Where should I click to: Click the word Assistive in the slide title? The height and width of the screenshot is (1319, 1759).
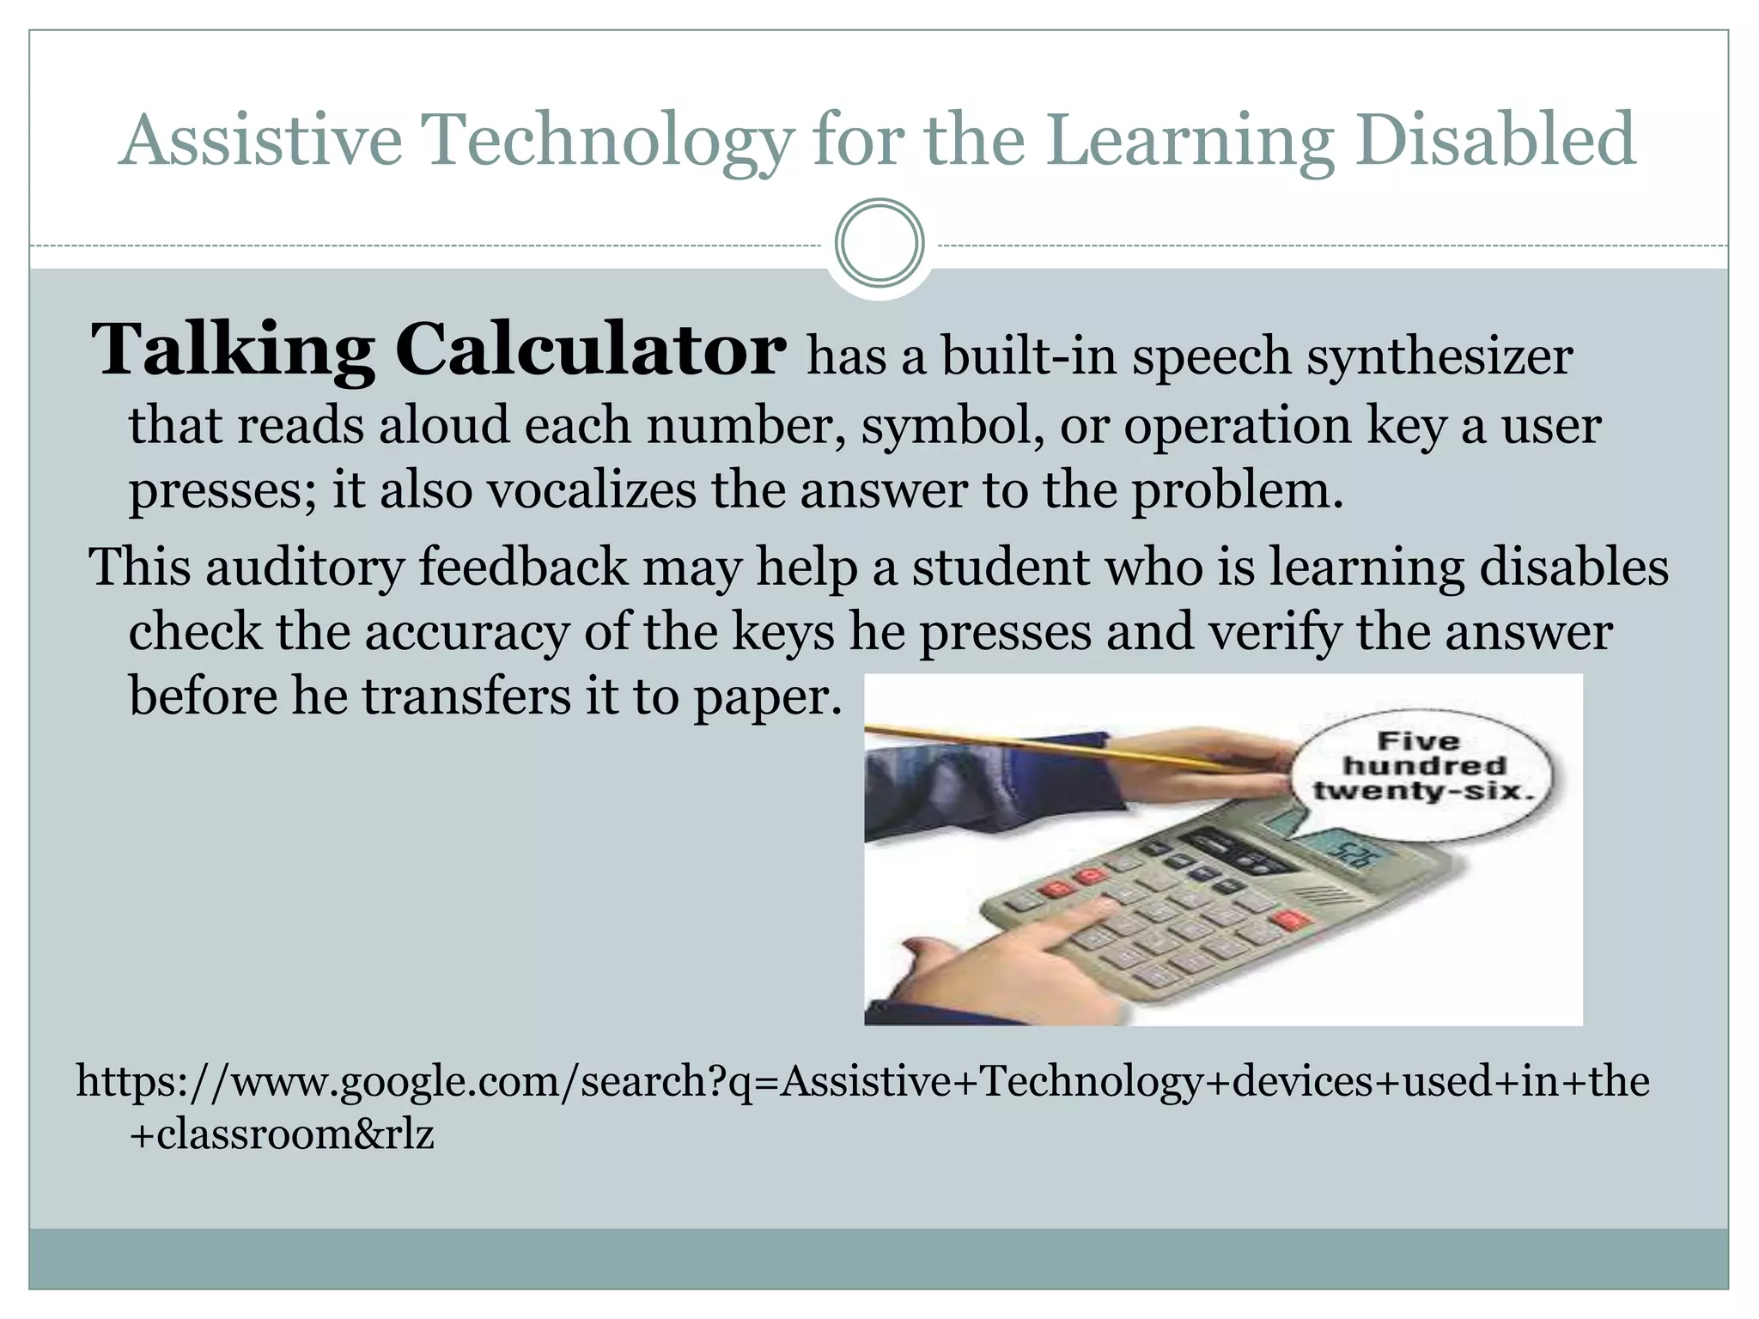click(260, 140)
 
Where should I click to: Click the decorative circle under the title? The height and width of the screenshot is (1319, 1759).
click(879, 243)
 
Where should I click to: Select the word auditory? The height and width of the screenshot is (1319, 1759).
click(304, 568)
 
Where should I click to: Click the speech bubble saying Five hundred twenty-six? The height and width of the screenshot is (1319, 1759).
click(1423, 767)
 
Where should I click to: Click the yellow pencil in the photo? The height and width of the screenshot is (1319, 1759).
click(1056, 745)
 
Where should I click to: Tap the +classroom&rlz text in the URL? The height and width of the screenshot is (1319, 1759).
click(282, 1135)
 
